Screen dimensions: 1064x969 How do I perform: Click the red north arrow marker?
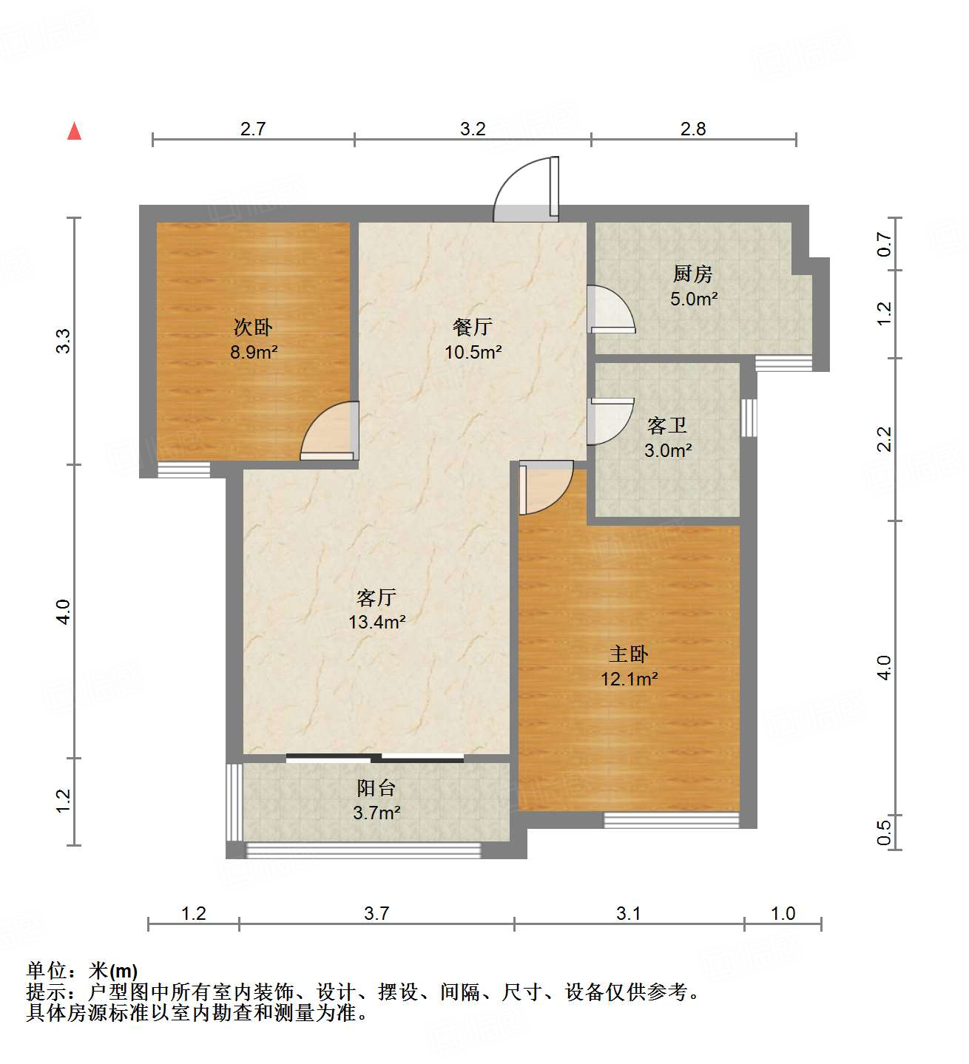(x=74, y=131)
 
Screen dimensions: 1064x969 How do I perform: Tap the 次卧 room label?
(x=253, y=327)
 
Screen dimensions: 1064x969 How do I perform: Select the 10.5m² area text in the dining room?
(x=473, y=352)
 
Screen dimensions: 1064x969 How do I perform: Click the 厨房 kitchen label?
(x=693, y=274)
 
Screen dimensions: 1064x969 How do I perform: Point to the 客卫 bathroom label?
(x=667, y=426)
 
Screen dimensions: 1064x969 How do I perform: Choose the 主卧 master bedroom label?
(x=629, y=654)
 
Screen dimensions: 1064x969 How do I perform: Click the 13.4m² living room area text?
(x=377, y=622)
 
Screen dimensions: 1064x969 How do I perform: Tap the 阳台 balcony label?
(x=377, y=788)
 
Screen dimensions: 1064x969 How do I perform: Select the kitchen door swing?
(x=610, y=308)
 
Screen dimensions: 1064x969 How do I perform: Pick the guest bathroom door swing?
(x=610, y=421)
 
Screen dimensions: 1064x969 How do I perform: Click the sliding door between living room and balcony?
(x=375, y=757)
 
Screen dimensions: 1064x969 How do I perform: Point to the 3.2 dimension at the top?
(x=473, y=129)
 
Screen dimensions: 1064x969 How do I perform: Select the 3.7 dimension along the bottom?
(x=377, y=914)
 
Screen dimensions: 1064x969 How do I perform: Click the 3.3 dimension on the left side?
(x=64, y=341)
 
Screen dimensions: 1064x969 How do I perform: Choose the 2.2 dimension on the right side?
(x=884, y=439)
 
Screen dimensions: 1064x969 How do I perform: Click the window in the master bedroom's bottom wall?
(x=672, y=819)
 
